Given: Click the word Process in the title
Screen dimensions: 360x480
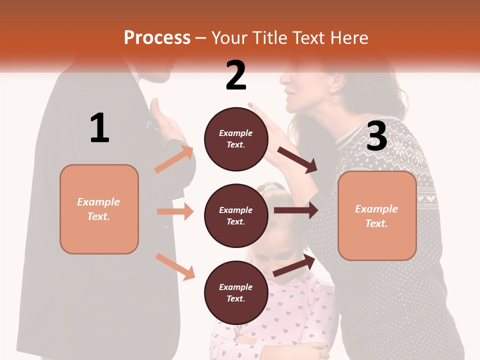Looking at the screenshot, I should coord(157,37).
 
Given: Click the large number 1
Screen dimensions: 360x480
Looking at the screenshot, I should coord(99,128).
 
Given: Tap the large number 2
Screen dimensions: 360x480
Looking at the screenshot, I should coord(236,75).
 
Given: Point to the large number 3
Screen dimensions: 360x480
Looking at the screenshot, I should coord(376,136).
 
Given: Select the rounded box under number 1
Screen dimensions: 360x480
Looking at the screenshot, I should coord(99,209).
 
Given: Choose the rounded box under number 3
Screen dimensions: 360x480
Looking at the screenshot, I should coord(377,215).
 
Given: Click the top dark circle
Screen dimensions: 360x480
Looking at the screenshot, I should coord(236,138).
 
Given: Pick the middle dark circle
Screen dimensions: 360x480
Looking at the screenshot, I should coord(236,215).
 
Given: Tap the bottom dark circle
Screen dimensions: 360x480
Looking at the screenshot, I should coord(236,292).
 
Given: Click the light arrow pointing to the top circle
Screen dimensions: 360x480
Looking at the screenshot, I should coord(174,159).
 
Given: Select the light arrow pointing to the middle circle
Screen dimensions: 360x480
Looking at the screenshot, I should coord(175,211).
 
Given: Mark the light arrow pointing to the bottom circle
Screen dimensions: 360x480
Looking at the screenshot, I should coord(175,266).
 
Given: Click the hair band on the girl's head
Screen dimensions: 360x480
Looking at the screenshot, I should coord(270,187).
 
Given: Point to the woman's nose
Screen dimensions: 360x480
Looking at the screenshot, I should coord(281,80).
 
